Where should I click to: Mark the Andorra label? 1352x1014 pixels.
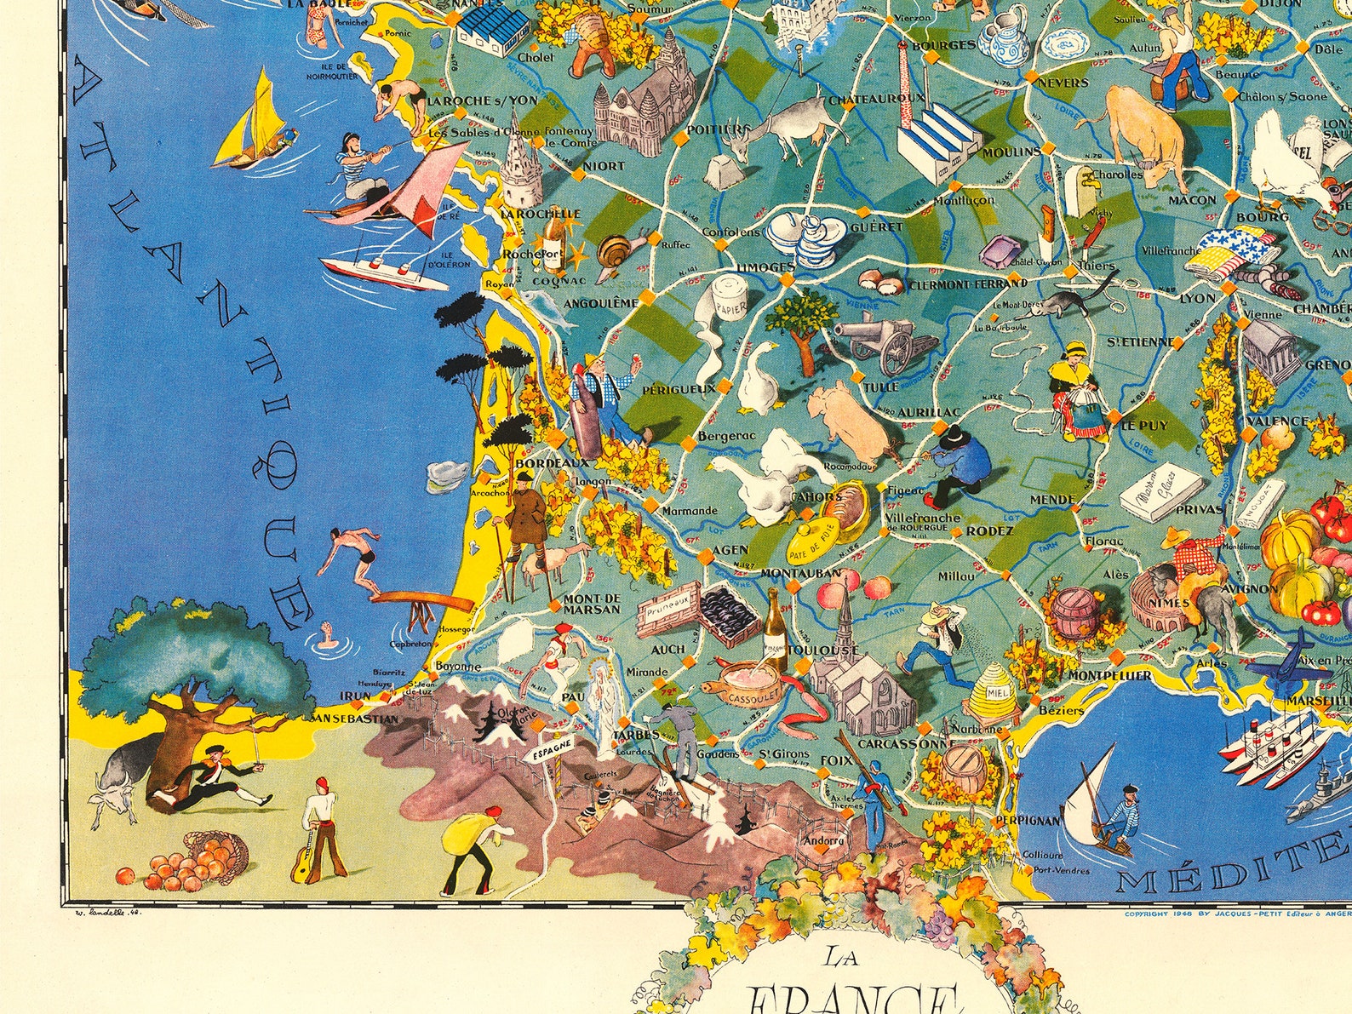pos(822,840)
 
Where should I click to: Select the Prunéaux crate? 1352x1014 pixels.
pos(667,610)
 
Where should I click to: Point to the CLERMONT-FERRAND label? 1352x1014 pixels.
pos(967,284)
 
